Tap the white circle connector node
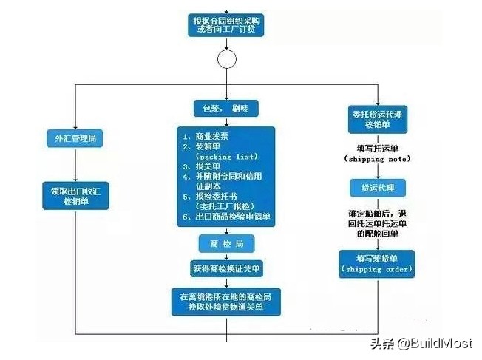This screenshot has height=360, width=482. (x=225, y=58)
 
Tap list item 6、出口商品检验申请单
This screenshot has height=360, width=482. (x=227, y=217)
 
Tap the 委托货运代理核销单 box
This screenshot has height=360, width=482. (x=376, y=120)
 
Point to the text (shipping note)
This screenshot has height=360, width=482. (x=377, y=158)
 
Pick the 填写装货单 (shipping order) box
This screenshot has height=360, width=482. (x=376, y=263)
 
